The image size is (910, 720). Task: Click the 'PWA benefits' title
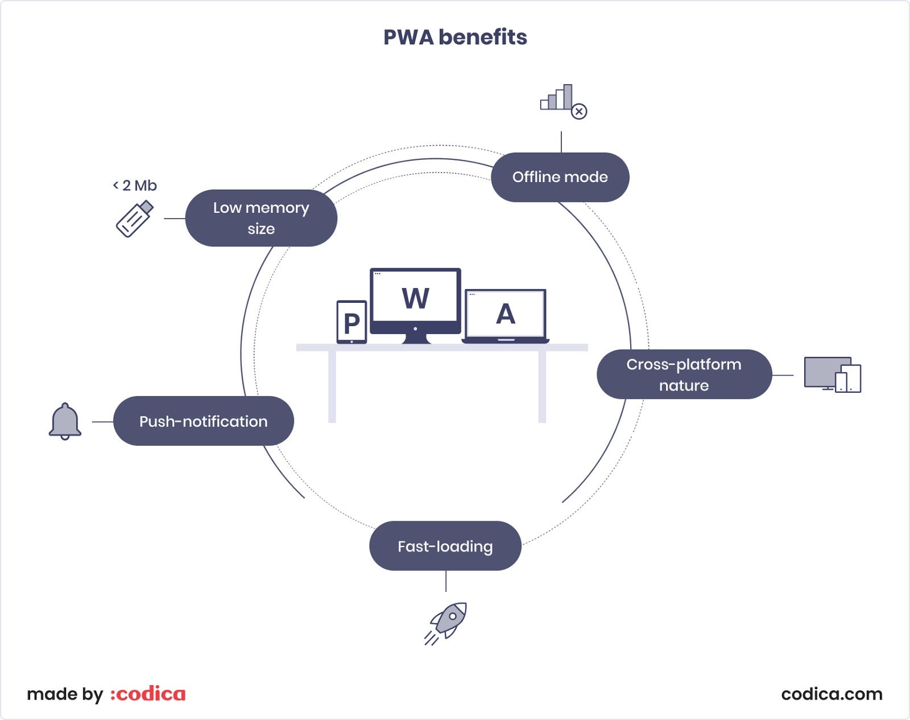pos(455,38)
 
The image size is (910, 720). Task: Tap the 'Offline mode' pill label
pos(560,177)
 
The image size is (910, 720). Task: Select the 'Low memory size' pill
pos(261,218)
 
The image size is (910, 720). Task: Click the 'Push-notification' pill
pos(203,421)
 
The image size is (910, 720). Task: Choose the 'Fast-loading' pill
pos(445,546)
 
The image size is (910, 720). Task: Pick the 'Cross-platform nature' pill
pos(684,375)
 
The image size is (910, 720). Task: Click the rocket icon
pos(446,622)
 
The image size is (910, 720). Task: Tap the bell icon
pos(65,421)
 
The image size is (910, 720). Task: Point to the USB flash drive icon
pos(135,218)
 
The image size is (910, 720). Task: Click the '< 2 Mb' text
pos(135,186)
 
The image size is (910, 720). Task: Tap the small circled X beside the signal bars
pos(579,111)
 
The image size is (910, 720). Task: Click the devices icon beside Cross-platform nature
pos(832,375)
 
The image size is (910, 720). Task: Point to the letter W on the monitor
pos(415,298)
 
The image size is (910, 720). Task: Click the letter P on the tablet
pos(351,323)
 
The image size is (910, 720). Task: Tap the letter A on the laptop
pos(505,314)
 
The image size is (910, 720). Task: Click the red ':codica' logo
pos(148,694)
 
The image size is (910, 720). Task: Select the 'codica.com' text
pos(832,694)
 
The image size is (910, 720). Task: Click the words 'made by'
pos(65,694)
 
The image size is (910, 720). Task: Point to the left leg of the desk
pos(332,387)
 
